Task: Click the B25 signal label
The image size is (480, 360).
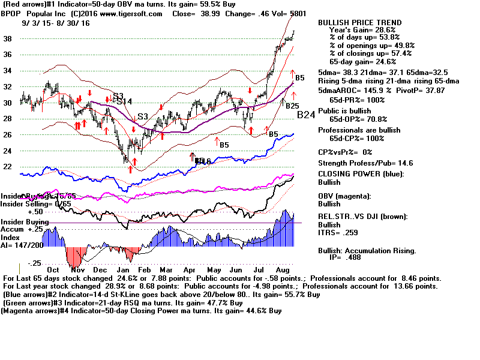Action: (x=292, y=106)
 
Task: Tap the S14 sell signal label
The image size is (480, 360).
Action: (x=125, y=101)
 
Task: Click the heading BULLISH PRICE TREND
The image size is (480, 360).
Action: (x=360, y=23)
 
